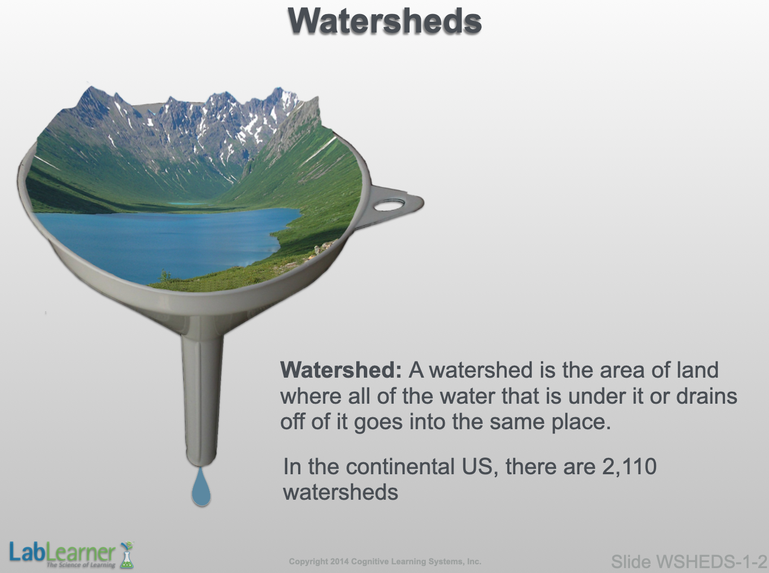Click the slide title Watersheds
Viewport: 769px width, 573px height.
(x=384, y=21)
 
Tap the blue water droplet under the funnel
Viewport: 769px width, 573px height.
(x=201, y=487)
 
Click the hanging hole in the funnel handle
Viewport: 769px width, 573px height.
(x=389, y=205)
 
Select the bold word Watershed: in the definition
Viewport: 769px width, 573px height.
(x=341, y=370)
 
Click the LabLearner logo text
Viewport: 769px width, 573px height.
(x=62, y=552)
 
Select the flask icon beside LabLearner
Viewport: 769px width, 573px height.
(x=127, y=555)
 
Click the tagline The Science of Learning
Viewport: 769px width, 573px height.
(x=81, y=565)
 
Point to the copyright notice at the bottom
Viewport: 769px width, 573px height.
(x=385, y=562)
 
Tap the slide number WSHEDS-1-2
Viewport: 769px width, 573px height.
(x=711, y=562)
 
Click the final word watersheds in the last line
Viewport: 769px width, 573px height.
(x=341, y=492)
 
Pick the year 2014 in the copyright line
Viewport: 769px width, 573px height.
(x=339, y=562)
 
